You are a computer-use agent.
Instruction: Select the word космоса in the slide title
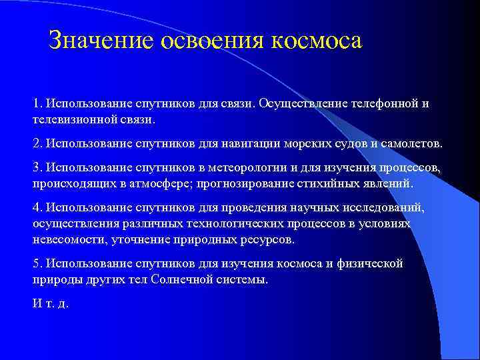(316, 41)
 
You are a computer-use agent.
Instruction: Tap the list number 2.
(37, 143)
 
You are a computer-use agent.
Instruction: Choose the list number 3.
(37, 167)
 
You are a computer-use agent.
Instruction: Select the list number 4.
(37, 207)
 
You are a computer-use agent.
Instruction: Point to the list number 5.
(37, 263)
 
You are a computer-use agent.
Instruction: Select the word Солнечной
(182, 279)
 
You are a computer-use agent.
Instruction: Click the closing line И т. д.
(51, 303)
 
